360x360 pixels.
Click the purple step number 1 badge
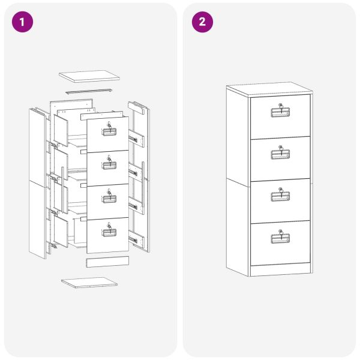coord(23,22)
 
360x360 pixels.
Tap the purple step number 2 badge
coord(202,22)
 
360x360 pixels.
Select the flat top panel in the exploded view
coord(89,77)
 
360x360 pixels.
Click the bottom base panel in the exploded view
coord(89,281)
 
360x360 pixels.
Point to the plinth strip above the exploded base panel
coord(107,262)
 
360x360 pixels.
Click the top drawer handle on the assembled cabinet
coord(280,114)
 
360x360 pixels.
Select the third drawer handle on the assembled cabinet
coord(280,197)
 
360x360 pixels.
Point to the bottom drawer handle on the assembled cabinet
coord(280,239)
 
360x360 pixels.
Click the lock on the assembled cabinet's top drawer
coord(280,107)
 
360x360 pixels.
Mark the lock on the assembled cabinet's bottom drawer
coord(280,233)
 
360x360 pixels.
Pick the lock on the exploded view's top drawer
coord(109,126)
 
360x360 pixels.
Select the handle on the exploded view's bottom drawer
coord(109,233)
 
